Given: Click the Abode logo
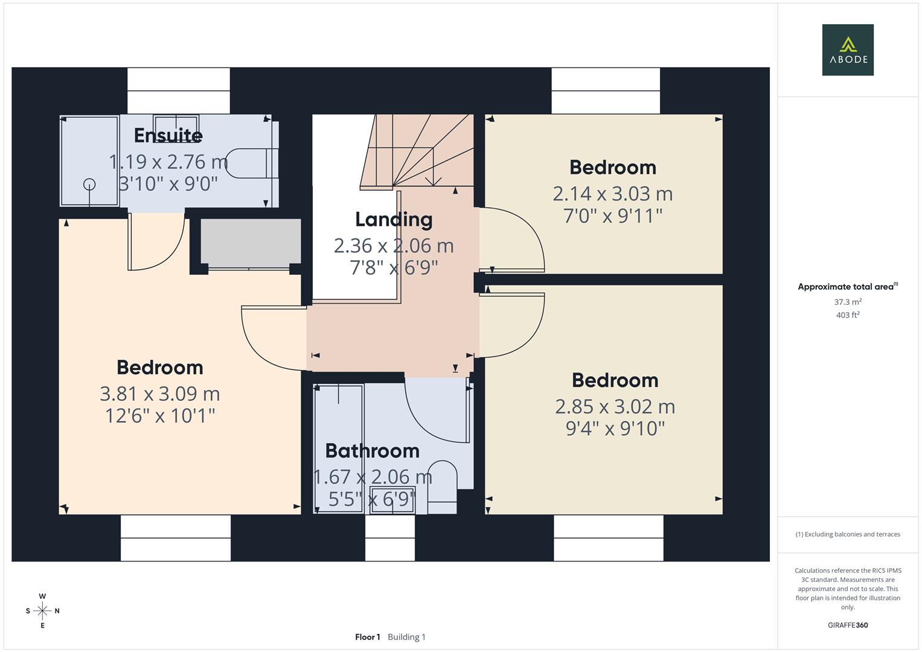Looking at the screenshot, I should (848, 50).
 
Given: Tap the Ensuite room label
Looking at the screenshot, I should (168, 135).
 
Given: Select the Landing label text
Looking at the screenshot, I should (394, 219).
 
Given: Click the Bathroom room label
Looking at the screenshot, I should (372, 450).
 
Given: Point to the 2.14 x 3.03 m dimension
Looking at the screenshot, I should (612, 194).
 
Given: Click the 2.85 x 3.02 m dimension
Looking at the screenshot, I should (615, 407).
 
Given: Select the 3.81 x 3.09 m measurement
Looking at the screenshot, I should (159, 394).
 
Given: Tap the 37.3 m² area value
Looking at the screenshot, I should (848, 302).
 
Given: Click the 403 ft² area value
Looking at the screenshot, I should (848, 315).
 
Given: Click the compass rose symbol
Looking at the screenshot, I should (42, 611).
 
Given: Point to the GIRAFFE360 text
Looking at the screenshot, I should (848, 625).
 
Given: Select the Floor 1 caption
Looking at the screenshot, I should (367, 637).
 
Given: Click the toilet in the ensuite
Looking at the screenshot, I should (251, 163).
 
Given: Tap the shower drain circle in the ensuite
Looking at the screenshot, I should (89, 184).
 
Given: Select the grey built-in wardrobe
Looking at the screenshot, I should (251, 241).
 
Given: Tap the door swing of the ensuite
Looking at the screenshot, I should (156, 241).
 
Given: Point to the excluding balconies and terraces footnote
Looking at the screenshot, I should (848, 534).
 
